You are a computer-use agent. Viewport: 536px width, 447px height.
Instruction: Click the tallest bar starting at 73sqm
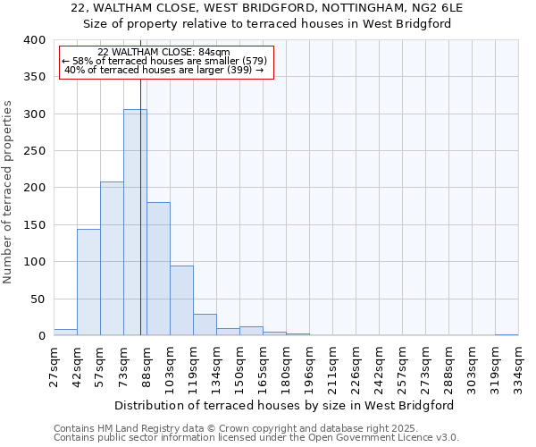135,223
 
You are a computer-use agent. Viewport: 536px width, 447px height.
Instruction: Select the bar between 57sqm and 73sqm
112,259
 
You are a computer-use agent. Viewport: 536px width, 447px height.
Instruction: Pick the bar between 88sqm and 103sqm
158,269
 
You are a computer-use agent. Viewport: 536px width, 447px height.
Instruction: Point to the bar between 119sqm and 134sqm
205,325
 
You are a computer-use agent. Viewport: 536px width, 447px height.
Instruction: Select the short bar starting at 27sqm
65,333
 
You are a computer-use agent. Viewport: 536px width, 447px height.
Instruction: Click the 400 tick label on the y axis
34,40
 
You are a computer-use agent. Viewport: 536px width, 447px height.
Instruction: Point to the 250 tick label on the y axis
34,151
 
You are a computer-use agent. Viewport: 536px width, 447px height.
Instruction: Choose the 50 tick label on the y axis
38,299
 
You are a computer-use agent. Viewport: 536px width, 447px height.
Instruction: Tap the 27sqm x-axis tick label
54,364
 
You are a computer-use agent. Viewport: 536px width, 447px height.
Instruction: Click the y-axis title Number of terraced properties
8,191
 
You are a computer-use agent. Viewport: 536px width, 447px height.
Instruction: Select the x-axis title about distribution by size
285,405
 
